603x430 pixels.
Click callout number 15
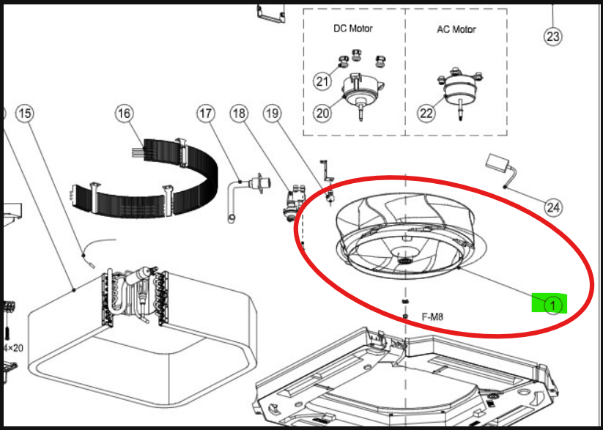[x=25, y=114]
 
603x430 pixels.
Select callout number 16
[x=124, y=114]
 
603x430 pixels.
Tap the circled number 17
[x=206, y=114]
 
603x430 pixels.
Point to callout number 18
[x=239, y=114]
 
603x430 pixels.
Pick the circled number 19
[x=273, y=114]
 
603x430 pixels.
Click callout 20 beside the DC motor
[x=322, y=114]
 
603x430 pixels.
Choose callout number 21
[x=322, y=81]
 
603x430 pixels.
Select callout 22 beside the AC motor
[x=426, y=114]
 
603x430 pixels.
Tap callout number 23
[x=553, y=37]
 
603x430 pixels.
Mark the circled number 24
[x=553, y=208]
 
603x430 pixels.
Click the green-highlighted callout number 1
[x=552, y=305]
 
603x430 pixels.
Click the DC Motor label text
[x=353, y=29]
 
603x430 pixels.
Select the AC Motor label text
[x=456, y=29]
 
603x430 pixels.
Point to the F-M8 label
[x=432, y=317]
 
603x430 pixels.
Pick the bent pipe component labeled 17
[x=249, y=197]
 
